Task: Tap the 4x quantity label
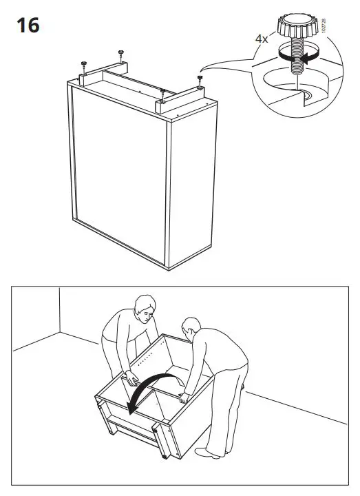point(262,40)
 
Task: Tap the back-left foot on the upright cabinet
point(83,65)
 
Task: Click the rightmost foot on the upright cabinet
point(200,81)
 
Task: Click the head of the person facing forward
point(144,311)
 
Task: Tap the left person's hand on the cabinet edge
point(129,378)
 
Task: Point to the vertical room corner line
point(59,311)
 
